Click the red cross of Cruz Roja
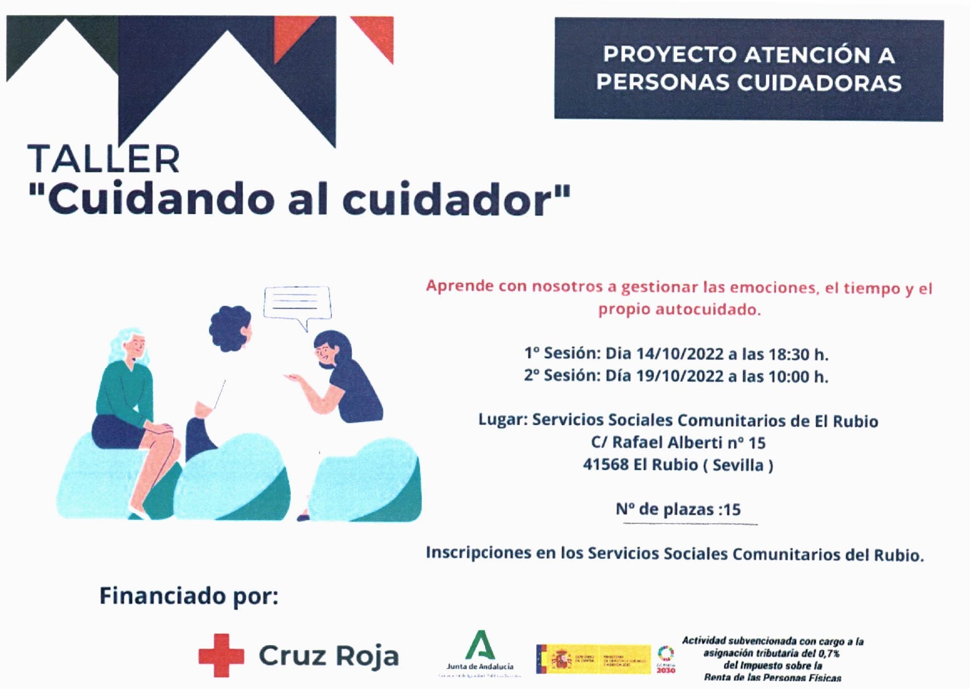pyautogui.click(x=221, y=655)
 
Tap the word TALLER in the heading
pyautogui.click(x=104, y=159)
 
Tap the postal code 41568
pyautogui.click(x=605, y=465)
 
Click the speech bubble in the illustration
pyautogui.click(x=297, y=304)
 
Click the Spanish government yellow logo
pyautogui.click(x=593, y=660)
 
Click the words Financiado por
pyautogui.click(x=189, y=596)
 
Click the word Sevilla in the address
pyautogui.click(x=738, y=465)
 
